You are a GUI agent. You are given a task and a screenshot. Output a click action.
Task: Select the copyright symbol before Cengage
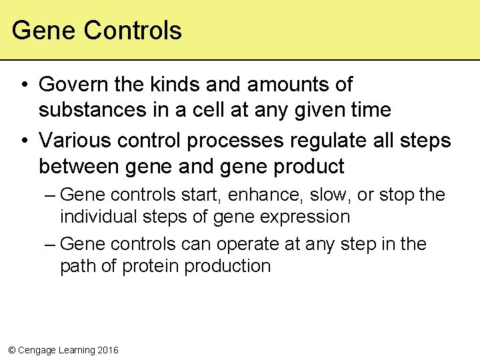11,350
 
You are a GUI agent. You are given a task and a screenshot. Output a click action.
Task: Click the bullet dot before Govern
23,85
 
